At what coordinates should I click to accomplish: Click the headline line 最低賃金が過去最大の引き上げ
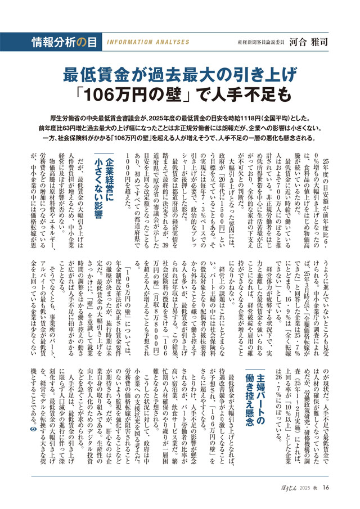(x=179, y=74)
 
